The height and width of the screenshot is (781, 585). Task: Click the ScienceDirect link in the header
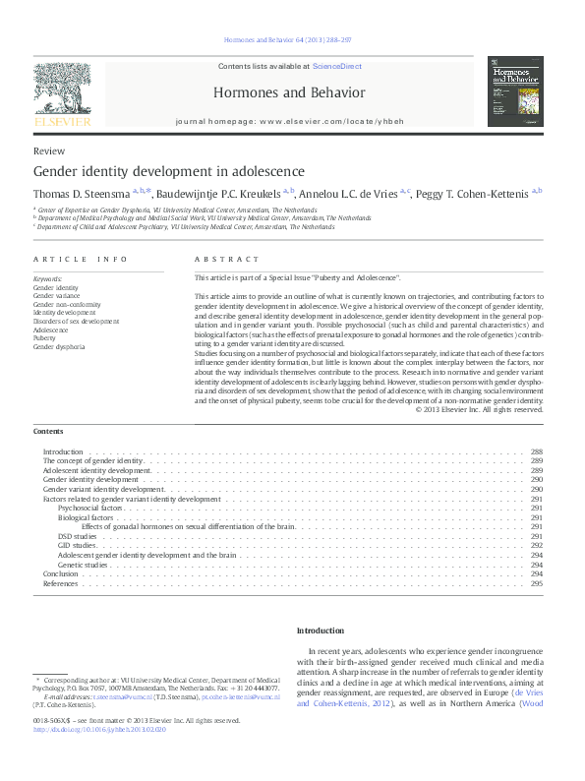(x=337, y=66)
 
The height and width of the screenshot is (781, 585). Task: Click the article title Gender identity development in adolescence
(x=169, y=170)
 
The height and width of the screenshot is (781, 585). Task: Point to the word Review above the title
(x=49, y=151)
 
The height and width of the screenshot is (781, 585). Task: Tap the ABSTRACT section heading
(x=227, y=259)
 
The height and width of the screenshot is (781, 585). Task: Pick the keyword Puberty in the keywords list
(x=45, y=337)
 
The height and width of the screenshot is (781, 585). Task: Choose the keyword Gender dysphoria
(x=59, y=346)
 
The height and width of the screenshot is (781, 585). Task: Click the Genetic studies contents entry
(x=83, y=565)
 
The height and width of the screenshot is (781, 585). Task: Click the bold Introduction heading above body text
(x=321, y=631)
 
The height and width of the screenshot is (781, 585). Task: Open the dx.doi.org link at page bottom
(x=99, y=729)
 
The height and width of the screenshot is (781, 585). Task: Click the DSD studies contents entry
(x=77, y=536)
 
